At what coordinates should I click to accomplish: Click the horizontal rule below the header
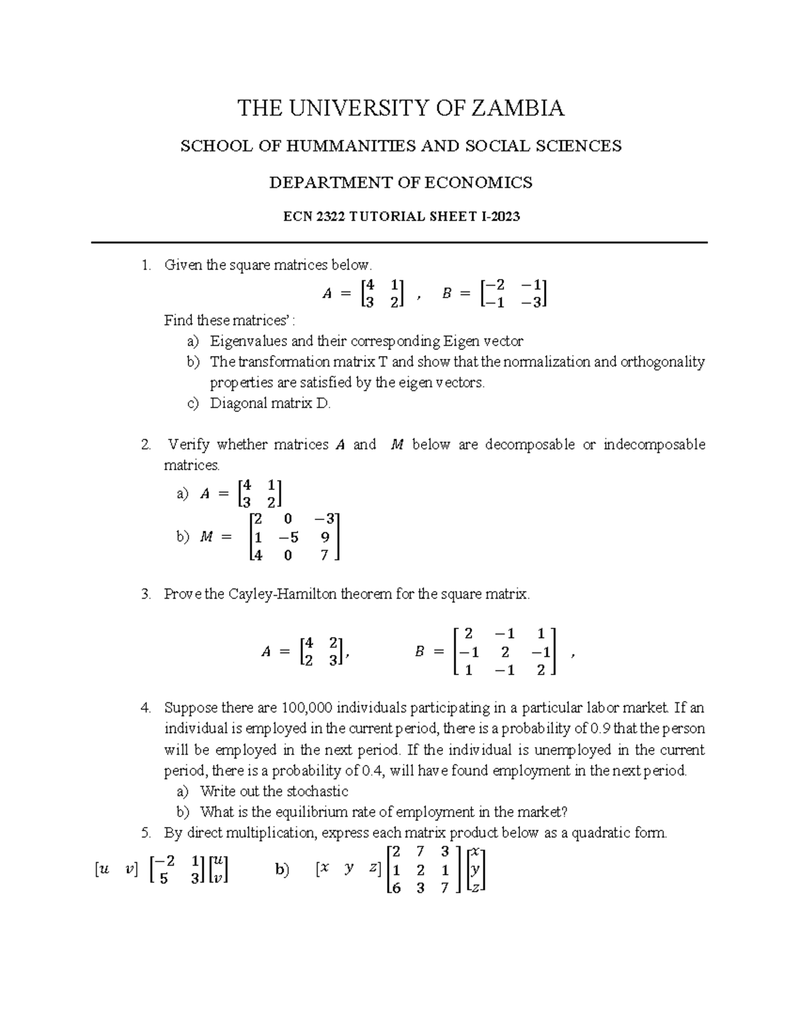400,243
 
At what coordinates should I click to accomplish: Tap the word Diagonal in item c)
236,403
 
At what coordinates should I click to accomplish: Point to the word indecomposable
654,445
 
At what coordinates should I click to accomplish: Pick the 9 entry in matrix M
325,537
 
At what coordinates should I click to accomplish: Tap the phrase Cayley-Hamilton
282,595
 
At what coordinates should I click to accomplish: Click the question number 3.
146,595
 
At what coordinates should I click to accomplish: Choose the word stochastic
317,792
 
